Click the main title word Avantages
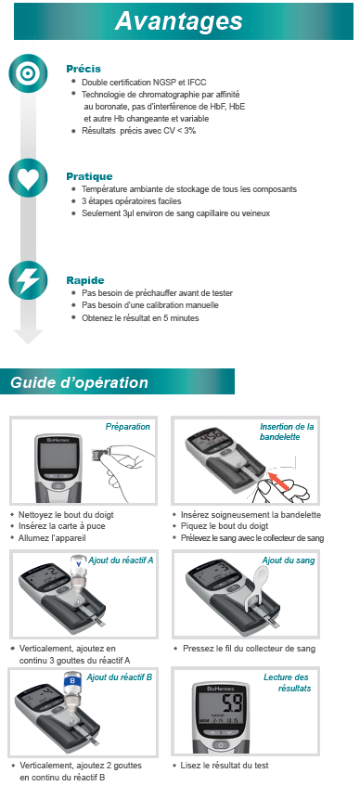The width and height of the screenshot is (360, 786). (178, 21)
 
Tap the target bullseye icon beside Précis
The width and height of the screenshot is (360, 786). (28, 73)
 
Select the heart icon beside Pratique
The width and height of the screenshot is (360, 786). (28, 177)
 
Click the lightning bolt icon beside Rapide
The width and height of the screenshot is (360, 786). (28, 280)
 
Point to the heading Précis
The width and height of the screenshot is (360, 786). (84, 69)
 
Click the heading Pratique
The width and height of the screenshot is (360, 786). (89, 176)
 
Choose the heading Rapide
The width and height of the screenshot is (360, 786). (85, 280)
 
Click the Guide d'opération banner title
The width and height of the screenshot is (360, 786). (79, 382)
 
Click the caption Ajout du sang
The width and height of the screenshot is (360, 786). (289, 561)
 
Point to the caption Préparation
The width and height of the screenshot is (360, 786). (127, 427)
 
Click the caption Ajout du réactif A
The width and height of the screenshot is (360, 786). (121, 560)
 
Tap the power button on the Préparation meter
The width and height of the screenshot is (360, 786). (58, 486)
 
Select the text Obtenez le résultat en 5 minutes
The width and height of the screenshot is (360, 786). (140, 317)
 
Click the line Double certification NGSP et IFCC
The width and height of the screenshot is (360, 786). (144, 83)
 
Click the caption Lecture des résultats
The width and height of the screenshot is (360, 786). (288, 683)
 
